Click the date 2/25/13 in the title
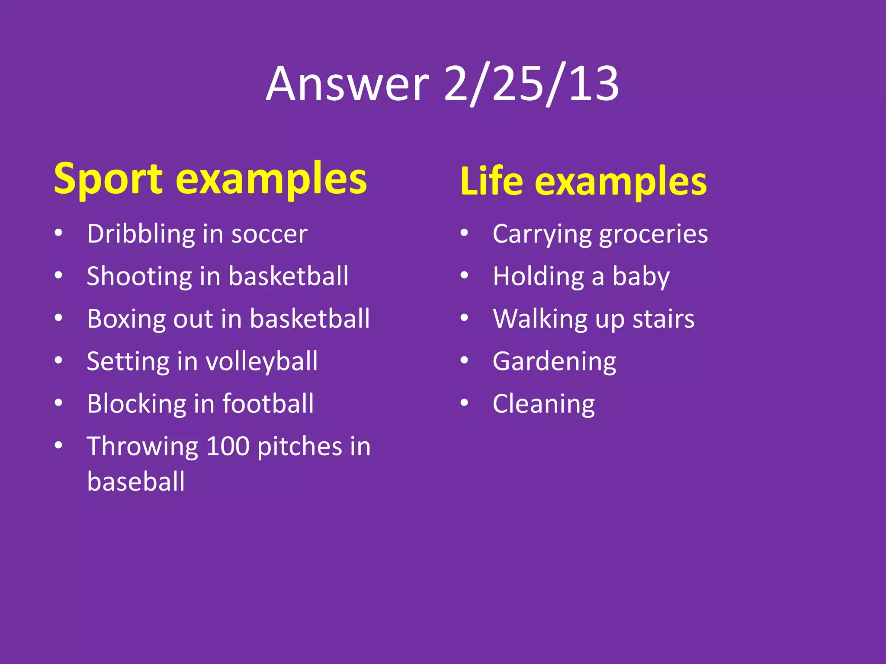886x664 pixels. [531, 84]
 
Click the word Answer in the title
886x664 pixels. [347, 84]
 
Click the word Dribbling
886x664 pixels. [141, 234]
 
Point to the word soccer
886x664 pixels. [269, 234]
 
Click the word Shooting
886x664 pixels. [139, 277]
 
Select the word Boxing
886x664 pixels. [126, 319]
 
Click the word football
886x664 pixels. [268, 404]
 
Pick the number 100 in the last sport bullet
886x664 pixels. [228, 446]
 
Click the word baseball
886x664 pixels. [136, 482]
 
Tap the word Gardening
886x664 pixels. [554, 361]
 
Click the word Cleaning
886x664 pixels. [544, 404]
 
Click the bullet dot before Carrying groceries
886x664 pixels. [464, 233]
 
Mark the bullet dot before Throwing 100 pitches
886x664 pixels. [58, 445]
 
